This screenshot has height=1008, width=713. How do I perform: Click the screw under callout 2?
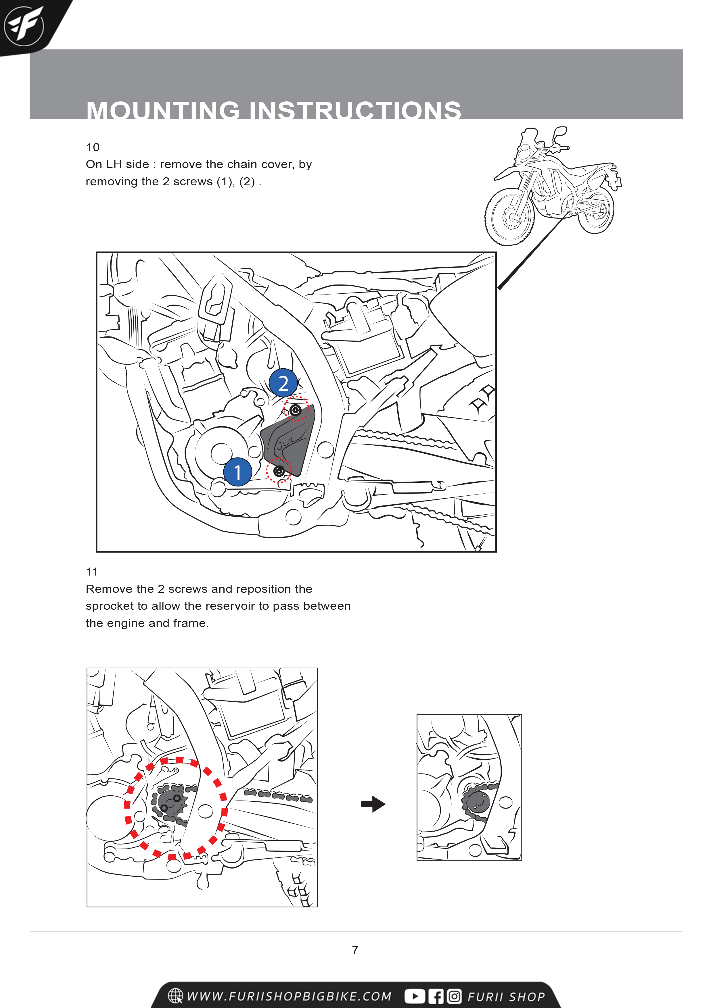click(296, 410)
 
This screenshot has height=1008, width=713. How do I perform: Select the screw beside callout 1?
click(279, 471)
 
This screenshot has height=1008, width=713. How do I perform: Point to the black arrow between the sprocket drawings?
click(373, 804)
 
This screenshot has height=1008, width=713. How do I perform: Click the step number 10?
click(93, 147)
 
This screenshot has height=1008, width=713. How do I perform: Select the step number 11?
click(92, 572)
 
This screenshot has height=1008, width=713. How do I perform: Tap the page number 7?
click(355, 950)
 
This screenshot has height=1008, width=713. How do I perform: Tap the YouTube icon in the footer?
click(414, 996)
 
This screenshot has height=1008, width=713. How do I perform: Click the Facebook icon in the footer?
click(436, 996)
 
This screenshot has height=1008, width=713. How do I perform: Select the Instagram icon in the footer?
click(454, 996)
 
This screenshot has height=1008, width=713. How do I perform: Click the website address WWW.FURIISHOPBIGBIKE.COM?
click(289, 996)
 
